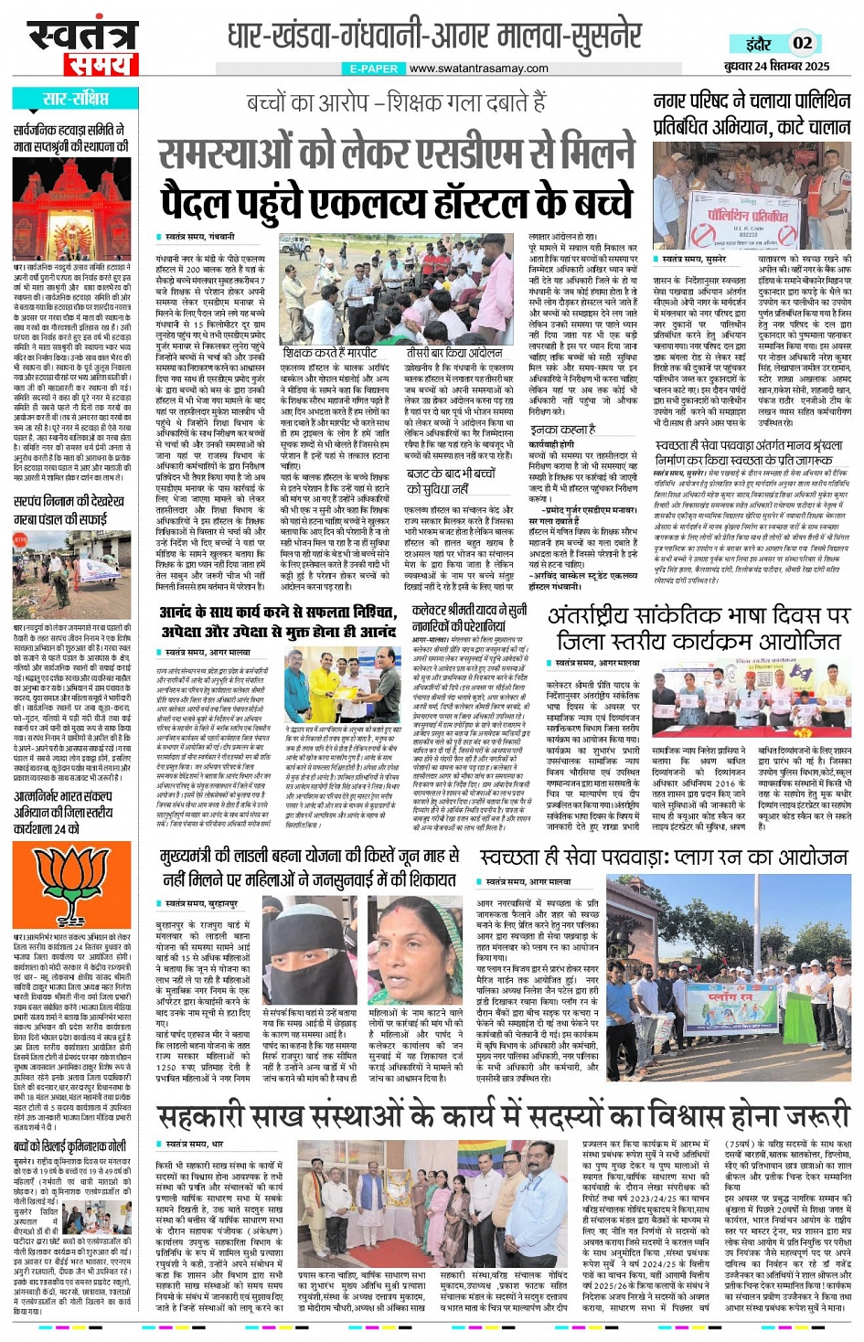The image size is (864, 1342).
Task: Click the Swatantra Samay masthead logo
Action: point(82,47)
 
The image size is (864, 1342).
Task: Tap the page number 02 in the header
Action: point(802,43)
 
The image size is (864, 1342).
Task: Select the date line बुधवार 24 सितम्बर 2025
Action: point(776,66)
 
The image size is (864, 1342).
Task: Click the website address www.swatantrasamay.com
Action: point(478,69)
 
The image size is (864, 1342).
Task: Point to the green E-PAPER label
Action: point(374,69)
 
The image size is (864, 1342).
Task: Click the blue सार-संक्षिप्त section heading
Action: point(76,99)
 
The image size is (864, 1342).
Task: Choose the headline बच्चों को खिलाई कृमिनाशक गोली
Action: point(70,1146)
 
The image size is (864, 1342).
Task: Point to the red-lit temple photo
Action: point(71,209)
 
